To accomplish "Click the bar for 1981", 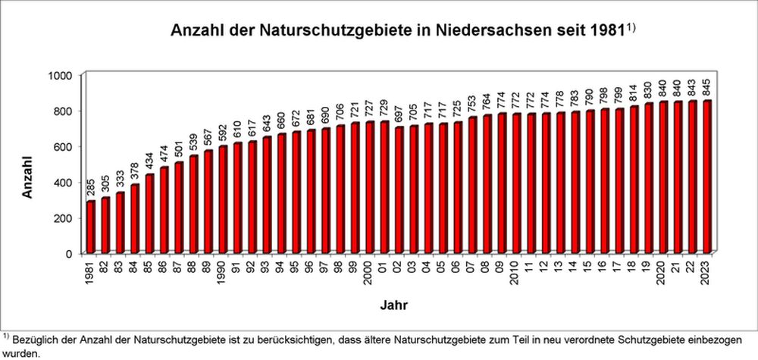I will tap(91, 227).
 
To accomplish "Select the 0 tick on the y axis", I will tap(69, 253).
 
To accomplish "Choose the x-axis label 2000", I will tap(370, 271).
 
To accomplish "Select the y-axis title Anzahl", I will tap(27, 179).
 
